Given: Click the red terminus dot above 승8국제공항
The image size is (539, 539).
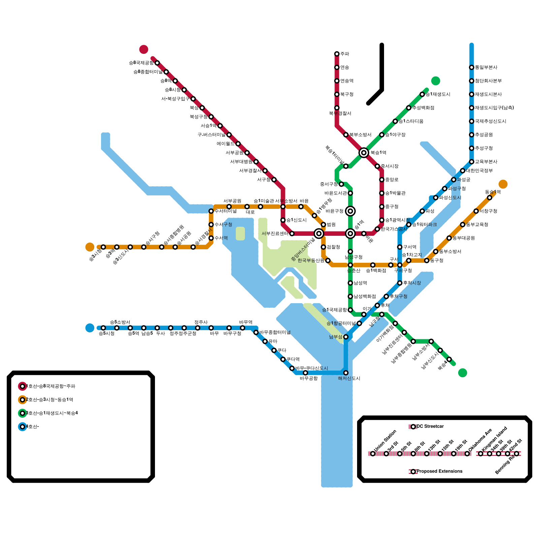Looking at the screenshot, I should [x=144, y=49].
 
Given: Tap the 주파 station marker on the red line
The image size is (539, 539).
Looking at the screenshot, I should [x=337, y=54].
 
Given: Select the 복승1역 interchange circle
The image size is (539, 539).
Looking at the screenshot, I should [x=364, y=153].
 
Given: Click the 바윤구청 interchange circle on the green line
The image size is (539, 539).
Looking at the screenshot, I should [x=350, y=211].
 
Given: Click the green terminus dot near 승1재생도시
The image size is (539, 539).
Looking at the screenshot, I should [x=436, y=81].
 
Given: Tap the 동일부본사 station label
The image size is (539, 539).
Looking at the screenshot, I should [x=486, y=67].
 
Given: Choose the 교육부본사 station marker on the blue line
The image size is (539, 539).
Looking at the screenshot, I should [x=472, y=162].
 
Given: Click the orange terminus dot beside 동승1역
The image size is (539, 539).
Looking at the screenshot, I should [x=503, y=184].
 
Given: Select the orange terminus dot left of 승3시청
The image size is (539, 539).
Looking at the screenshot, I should [x=90, y=247].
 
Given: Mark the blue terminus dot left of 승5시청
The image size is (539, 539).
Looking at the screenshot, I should [x=90, y=328].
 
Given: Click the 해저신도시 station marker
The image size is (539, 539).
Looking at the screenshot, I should [x=346, y=373].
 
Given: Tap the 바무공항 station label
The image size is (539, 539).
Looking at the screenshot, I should [x=309, y=379].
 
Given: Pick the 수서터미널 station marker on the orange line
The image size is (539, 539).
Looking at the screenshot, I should [x=211, y=211].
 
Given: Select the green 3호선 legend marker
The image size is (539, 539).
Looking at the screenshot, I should [x=23, y=413].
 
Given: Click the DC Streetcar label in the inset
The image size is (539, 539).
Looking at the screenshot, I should [x=430, y=426].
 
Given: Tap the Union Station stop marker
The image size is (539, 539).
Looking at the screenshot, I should [x=373, y=454].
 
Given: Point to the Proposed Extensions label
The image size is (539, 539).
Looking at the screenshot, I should [x=439, y=471].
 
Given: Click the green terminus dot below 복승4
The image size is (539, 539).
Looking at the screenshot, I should [x=463, y=373].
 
